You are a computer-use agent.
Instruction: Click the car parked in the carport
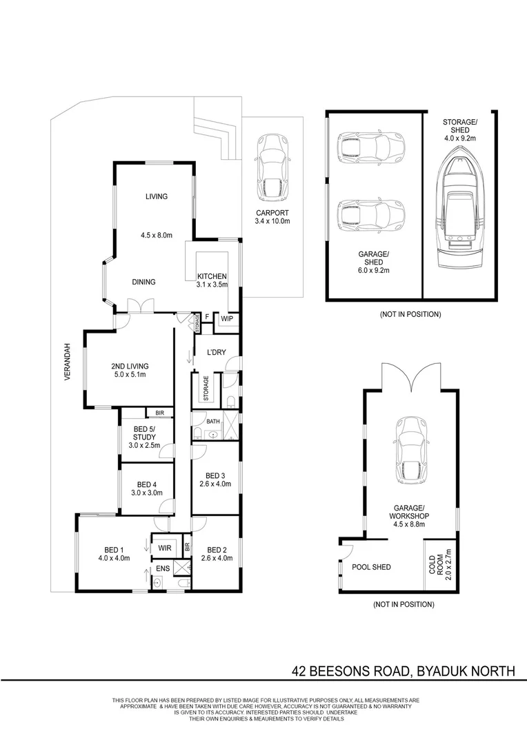pos(272,167)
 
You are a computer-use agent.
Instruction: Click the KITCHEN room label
pos(212,276)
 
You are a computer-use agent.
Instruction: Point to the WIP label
pos(227,319)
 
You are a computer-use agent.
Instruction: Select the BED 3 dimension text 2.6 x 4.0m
pos(215,484)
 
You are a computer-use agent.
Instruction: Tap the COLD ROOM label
pos(436,565)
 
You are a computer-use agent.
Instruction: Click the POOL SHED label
pos(371,567)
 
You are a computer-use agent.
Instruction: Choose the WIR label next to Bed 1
pos(164,548)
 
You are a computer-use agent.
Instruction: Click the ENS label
pos(163,568)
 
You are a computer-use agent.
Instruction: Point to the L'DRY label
pos(216,353)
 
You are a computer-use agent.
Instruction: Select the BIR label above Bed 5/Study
pos(159,413)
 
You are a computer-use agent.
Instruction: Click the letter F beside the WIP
pos(207,317)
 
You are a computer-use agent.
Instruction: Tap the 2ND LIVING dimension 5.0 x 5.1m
pos(130,374)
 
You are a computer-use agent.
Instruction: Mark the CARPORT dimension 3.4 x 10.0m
pos(272,221)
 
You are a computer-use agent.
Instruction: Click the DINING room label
pos(143,282)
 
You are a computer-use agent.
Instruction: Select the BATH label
pos(213,422)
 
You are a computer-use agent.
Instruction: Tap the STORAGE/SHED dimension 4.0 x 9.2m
pos(460,138)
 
